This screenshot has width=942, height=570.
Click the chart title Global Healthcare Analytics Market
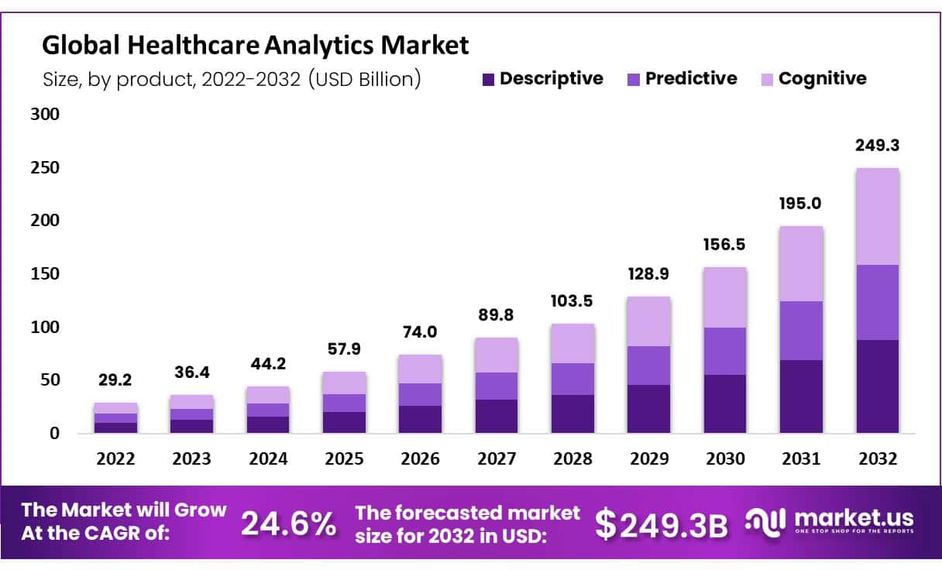(255, 46)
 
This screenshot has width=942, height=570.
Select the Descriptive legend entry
(541, 78)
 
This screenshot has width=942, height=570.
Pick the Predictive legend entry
(682, 78)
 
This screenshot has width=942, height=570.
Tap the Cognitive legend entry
(813, 78)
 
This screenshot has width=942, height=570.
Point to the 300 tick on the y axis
(44, 115)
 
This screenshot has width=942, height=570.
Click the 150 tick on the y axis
(44, 274)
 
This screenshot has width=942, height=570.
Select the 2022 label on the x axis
(115, 458)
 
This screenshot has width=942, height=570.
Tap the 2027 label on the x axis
(497, 458)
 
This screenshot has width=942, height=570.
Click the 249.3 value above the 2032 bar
(877, 146)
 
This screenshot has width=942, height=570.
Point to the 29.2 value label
(115, 380)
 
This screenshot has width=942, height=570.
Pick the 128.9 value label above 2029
(648, 275)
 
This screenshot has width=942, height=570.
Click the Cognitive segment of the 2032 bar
(877, 217)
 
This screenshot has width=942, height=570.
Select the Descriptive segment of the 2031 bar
(801, 397)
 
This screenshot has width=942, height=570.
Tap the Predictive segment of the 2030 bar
(725, 351)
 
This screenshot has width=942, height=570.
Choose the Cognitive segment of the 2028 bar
(572, 343)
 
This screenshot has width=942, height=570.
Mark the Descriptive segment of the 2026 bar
(421, 419)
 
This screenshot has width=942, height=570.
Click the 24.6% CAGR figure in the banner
(288, 524)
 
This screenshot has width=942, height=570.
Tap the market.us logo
(829, 520)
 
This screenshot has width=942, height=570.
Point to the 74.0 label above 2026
(421, 332)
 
